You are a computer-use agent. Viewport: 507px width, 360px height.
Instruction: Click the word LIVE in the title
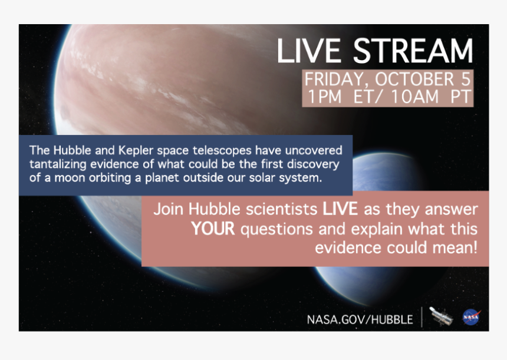click(x=309, y=51)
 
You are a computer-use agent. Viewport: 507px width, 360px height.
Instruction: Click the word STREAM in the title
click(x=413, y=51)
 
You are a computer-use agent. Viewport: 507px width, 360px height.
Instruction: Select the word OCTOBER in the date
click(x=415, y=79)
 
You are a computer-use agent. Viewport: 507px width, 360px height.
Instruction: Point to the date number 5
click(x=466, y=79)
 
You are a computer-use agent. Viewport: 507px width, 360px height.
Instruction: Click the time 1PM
click(x=324, y=96)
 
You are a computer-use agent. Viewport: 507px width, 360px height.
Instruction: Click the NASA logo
click(x=471, y=317)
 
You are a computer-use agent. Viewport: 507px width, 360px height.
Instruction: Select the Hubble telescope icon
click(x=441, y=316)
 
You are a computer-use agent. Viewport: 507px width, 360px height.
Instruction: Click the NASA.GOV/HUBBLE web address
click(x=360, y=319)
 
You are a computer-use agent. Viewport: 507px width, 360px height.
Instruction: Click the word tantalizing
click(x=58, y=164)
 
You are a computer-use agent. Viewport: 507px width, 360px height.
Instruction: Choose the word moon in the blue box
click(x=70, y=178)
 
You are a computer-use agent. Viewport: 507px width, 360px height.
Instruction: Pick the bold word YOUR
click(x=213, y=229)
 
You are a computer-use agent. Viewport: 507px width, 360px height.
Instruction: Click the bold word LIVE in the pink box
click(x=340, y=209)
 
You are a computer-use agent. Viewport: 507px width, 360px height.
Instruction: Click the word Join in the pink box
click(x=168, y=209)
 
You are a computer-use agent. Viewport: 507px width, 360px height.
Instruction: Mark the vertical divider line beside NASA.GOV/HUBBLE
click(x=422, y=317)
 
